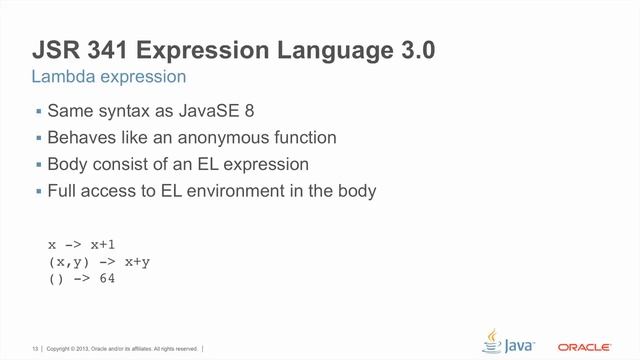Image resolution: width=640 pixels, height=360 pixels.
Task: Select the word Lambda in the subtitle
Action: tap(64, 77)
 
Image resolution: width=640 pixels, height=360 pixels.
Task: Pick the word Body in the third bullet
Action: tap(67, 164)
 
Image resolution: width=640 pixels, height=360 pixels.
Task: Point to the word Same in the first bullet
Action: tap(69, 110)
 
